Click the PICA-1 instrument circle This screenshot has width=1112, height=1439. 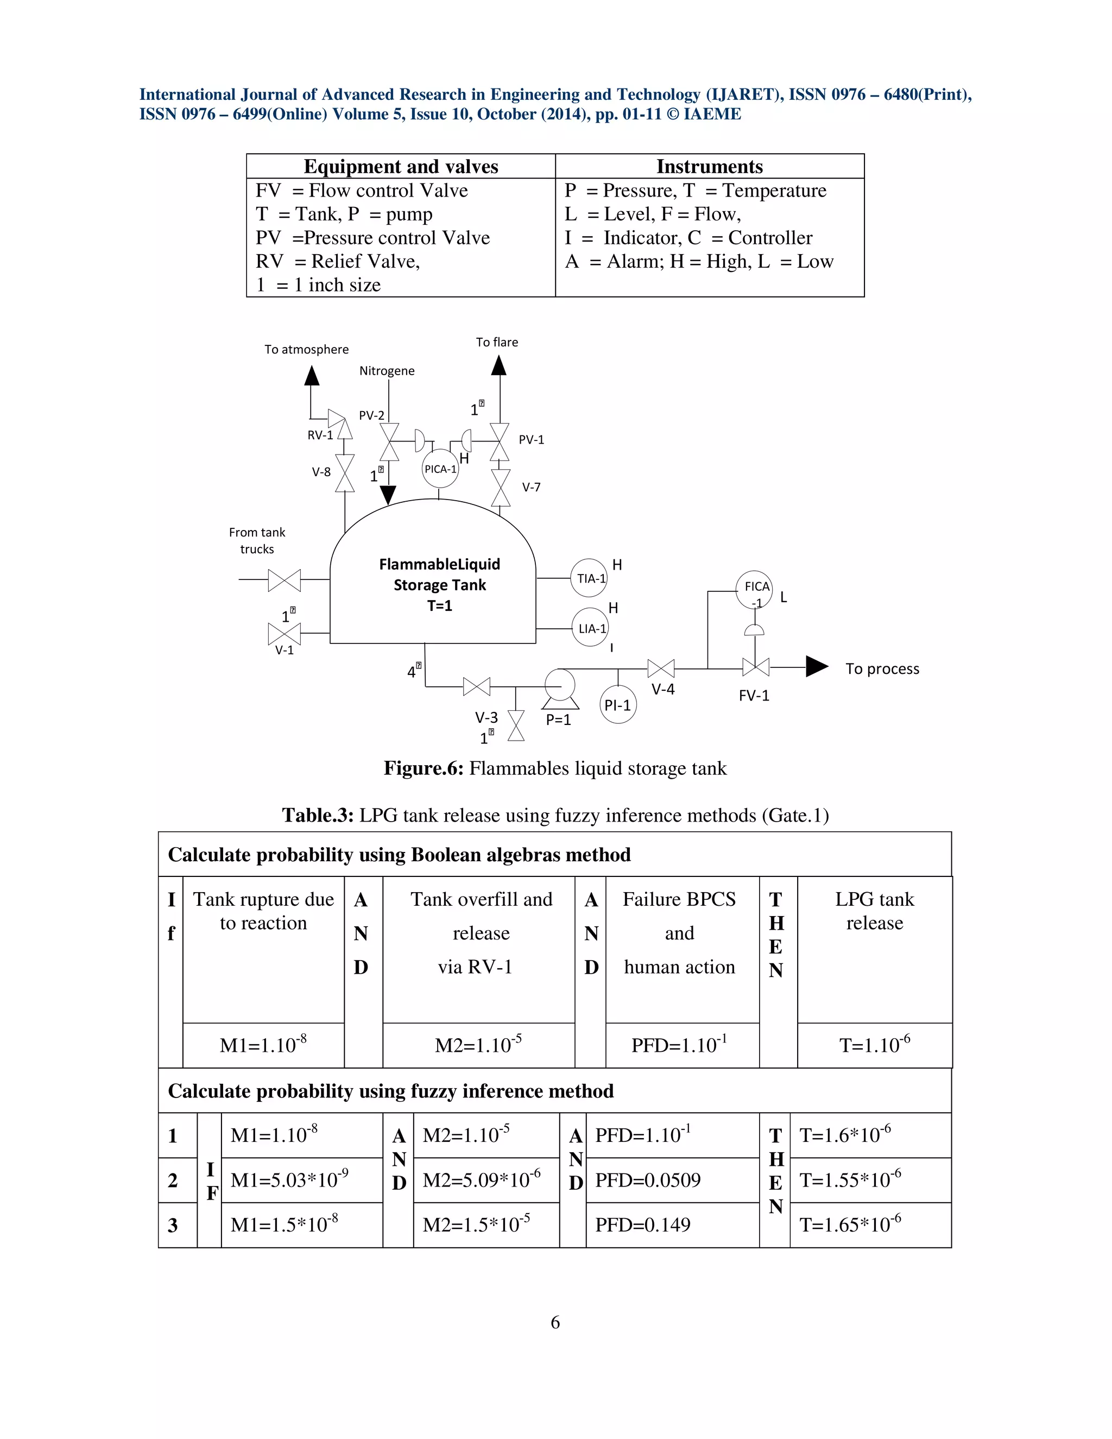click(x=439, y=469)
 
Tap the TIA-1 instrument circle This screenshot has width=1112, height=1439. click(x=588, y=578)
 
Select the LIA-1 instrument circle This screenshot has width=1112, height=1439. click(x=590, y=628)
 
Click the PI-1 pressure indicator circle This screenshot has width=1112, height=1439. click(x=618, y=705)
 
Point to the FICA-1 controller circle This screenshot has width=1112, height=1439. click(x=754, y=590)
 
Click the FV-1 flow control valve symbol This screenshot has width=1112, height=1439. click(x=756, y=667)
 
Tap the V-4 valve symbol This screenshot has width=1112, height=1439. click(x=661, y=669)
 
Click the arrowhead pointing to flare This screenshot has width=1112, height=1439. click(x=500, y=365)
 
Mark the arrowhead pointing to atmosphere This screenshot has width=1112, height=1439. click(x=312, y=376)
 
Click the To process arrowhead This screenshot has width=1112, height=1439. click(x=816, y=667)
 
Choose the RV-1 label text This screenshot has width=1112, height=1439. click(x=320, y=435)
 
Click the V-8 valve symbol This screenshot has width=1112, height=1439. click(x=345, y=472)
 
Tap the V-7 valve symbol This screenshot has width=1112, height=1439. click(x=501, y=488)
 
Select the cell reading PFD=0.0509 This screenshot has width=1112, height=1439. click(x=648, y=1180)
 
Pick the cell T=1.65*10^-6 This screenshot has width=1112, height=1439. click(x=850, y=1225)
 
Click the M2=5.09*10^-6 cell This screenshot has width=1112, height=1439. click(x=482, y=1180)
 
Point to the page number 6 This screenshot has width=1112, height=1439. click(x=555, y=1322)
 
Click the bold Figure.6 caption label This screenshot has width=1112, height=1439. click(x=424, y=768)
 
